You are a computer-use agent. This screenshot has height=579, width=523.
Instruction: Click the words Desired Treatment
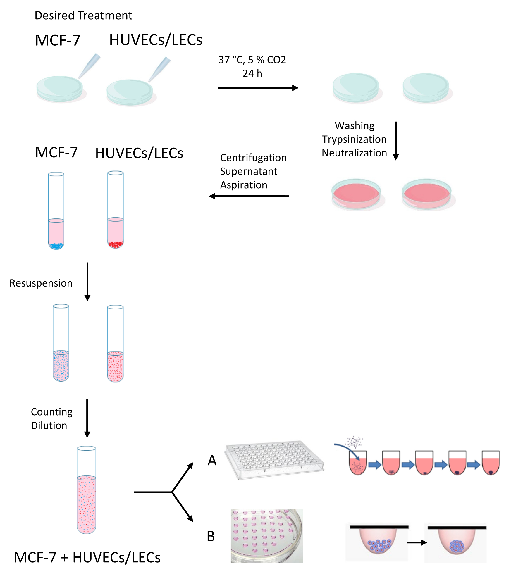click(83, 15)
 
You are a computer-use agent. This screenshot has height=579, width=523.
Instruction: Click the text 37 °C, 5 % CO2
click(252, 60)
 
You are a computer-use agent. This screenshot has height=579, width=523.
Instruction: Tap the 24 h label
click(252, 73)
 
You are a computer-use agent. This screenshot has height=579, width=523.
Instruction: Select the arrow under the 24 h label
click(258, 88)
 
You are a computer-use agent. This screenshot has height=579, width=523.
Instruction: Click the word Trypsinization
click(354, 139)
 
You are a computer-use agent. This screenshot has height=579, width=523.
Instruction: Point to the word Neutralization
click(354, 153)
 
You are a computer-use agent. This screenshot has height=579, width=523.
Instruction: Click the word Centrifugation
click(253, 158)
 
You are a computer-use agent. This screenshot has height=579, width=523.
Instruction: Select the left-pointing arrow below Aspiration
click(249, 196)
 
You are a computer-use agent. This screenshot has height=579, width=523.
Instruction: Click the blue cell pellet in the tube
click(56, 246)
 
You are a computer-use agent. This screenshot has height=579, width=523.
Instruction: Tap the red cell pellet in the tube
click(116, 244)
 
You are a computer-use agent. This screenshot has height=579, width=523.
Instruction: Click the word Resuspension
click(41, 283)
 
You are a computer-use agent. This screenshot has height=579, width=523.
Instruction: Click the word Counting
click(52, 412)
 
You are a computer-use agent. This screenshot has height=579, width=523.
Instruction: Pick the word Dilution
click(49, 426)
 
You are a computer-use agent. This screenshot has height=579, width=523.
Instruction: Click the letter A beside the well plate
click(212, 461)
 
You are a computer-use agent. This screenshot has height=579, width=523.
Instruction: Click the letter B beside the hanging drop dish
click(211, 537)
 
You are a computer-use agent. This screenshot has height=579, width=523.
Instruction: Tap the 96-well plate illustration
click(274, 460)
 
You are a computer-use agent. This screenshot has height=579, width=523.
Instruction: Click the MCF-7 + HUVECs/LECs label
click(87, 558)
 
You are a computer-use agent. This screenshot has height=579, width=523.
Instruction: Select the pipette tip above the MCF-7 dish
click(89, 66)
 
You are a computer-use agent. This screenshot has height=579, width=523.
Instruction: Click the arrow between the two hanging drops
click(417, 543)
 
